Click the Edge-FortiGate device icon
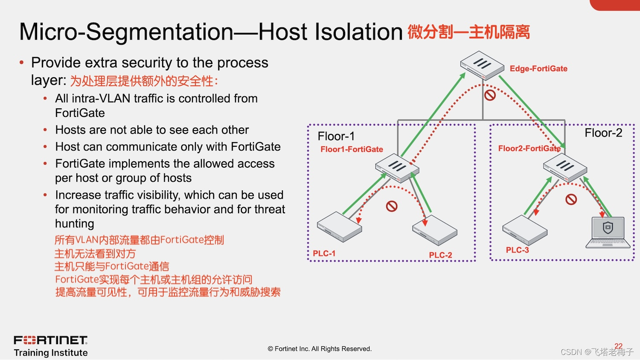click(x=482, y=65)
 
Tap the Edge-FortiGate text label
click(x=538, y=69)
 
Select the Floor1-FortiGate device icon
click(x=397, y=168)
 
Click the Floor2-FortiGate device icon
click(x=565, y=167)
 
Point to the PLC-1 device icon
click(x=339, y=226)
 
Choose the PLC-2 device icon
click(x=435, y=230)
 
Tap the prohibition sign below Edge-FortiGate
click(x=490, y=95)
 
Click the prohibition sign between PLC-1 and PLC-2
click(x=392, y=206)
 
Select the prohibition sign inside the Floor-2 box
click(x=571, y=199)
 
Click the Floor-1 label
click(x=336, y=136)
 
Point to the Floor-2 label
click(x=603, y=133)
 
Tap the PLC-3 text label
click(x=517, y=250)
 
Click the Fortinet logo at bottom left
click(x=51, y=340)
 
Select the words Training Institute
click(x=51, y=353)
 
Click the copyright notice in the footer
click(x=320, y=349)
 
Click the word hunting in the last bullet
click(x=75, y=224)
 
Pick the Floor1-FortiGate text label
click(x=352, y=149)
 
